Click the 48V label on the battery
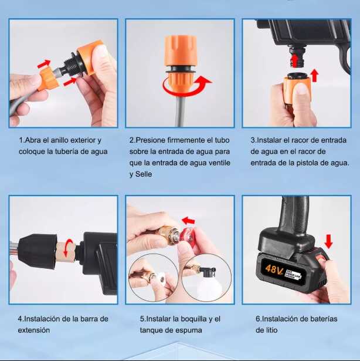273,270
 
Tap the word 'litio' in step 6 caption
264,330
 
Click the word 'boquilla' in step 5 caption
188,319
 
